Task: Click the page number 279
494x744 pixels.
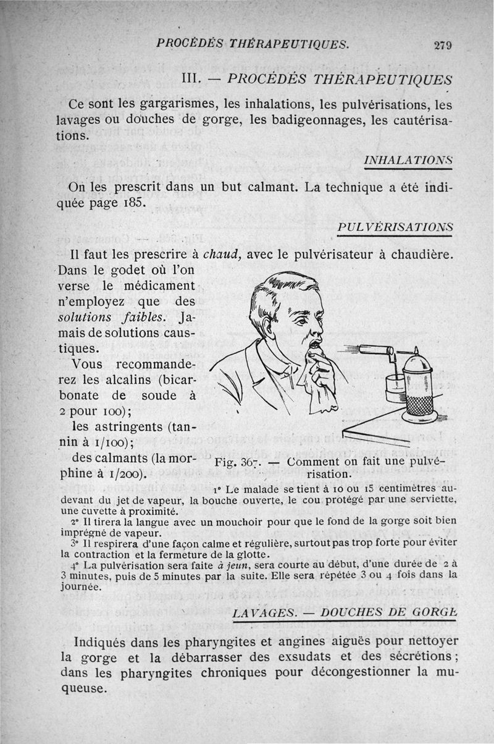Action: [443, 44]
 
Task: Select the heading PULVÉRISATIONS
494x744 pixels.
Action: [396, 227]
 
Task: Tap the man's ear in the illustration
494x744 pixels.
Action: [267, 325]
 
